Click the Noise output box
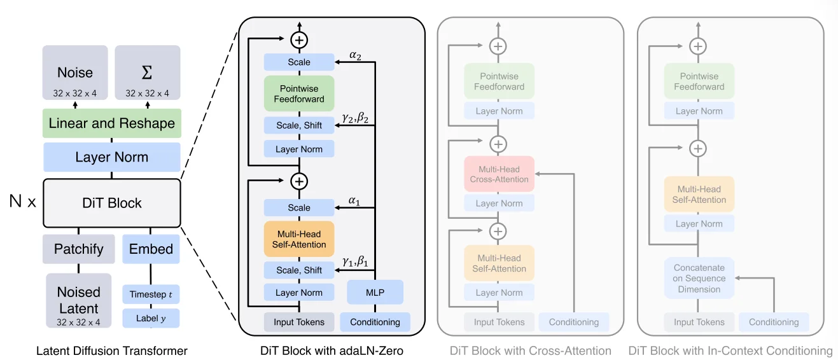point(75,73)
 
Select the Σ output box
point(147,73)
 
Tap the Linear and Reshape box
point(111,123)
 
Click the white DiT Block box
point(112,203)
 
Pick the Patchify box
point(78,249)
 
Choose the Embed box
point(151,249)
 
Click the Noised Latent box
point(78,301)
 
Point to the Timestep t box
point(151,294)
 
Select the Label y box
point(151,318)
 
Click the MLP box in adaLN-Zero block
point(375,293)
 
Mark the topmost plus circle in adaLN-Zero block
point(299,40)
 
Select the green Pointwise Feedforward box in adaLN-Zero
point(299,93)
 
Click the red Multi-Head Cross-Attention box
point(499,174)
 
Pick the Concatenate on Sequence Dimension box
point(699,278)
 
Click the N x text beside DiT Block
point(22,203)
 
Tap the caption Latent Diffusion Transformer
point(112,350)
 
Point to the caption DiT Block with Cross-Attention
point(530,350)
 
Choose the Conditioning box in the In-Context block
point(773,322)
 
